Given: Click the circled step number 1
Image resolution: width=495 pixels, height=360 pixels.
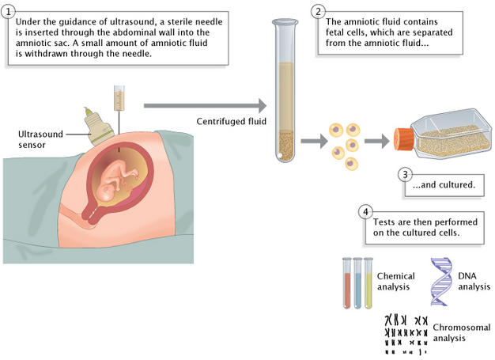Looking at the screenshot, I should click(9, 11).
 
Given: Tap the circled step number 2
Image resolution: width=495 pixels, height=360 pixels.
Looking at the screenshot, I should click(318, 11).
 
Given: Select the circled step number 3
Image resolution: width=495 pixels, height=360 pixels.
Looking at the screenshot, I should click(405, 174).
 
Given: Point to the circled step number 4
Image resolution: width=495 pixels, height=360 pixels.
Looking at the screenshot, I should click(365, 212).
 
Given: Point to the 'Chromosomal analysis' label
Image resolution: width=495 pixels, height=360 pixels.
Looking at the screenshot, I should click(462, 332).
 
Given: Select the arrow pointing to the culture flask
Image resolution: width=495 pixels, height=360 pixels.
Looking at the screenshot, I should click(376, 142).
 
